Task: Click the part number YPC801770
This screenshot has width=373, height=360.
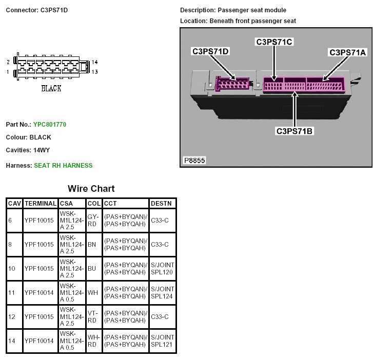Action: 50,125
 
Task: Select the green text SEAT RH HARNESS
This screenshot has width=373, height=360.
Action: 63,165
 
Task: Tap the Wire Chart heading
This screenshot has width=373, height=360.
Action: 91,189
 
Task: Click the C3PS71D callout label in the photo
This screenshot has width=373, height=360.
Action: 210,51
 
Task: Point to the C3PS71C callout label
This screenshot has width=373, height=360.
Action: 274,42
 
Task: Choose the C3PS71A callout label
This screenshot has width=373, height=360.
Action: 347,52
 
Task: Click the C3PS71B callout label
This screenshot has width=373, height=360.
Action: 295,131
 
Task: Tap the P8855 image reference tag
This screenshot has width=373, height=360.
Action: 195,161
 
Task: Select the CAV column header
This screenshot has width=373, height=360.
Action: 14,204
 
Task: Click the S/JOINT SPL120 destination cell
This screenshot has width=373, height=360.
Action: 163,268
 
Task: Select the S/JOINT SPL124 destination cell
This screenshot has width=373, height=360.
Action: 163,292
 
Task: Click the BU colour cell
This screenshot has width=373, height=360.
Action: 92,269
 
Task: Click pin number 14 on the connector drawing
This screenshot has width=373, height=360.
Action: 94,62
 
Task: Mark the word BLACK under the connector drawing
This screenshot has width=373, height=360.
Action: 51,89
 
